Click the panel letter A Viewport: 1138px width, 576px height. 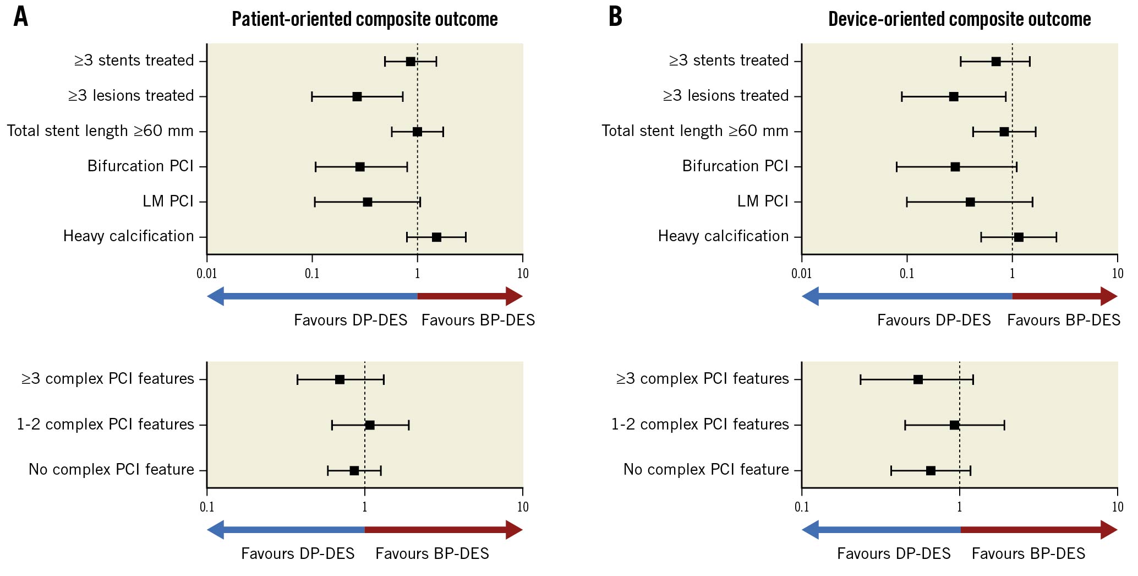coord(20,17)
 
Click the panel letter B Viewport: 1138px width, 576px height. coord(615,17)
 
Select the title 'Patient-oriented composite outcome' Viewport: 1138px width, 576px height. coord(364,19)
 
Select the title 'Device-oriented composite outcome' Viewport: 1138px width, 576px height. coord(959,19)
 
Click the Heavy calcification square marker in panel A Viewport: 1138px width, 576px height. coord(436,237)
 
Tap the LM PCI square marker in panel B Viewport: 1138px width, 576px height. coord(970,202)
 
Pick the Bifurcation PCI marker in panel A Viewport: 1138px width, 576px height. coord(360,167)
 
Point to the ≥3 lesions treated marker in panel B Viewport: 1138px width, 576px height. coord(954,97)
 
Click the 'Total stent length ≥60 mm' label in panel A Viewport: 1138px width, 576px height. coord(100,131)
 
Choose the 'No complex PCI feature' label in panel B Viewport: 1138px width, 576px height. coord(706,470)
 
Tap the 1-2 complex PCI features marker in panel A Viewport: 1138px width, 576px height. coord(370,425)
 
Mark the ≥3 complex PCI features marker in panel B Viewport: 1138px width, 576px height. coord(918,379)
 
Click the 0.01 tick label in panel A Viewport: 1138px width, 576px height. coord(207,274)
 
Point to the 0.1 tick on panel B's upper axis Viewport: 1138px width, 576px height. coord(907,274)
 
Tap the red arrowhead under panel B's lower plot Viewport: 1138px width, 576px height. coord(1109,530)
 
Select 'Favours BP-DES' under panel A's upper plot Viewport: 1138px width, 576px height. coord(478,320)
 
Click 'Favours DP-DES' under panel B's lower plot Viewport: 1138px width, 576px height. coord(894,554)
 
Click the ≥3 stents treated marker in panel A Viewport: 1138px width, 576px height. coord(411,61)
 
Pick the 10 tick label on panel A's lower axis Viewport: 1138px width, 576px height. coord(522,507)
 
